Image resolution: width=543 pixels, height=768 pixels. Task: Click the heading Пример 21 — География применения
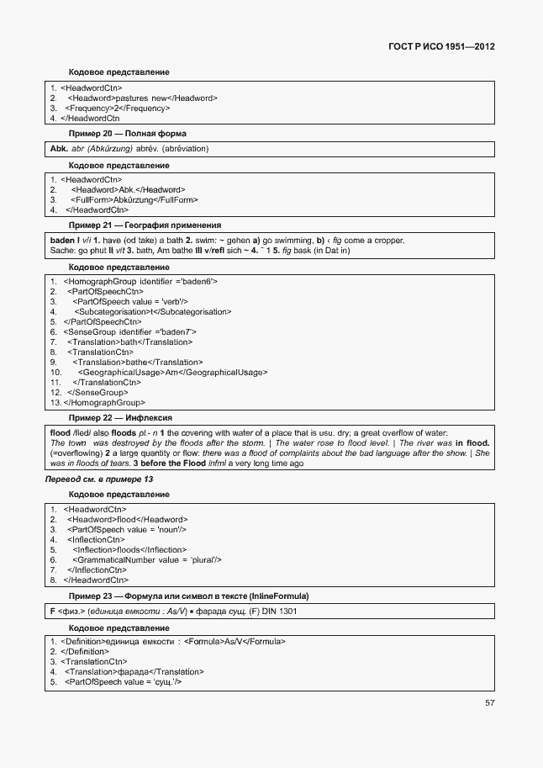pos(145,225)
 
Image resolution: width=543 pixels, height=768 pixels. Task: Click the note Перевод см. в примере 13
pos(98,479)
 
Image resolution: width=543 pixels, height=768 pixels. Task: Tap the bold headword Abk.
pos(59,149)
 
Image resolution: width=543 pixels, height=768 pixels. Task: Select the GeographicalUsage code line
pos(172,372)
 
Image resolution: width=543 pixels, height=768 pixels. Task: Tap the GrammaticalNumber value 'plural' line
pos(146,559)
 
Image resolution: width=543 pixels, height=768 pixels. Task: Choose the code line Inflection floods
pos(129,549)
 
